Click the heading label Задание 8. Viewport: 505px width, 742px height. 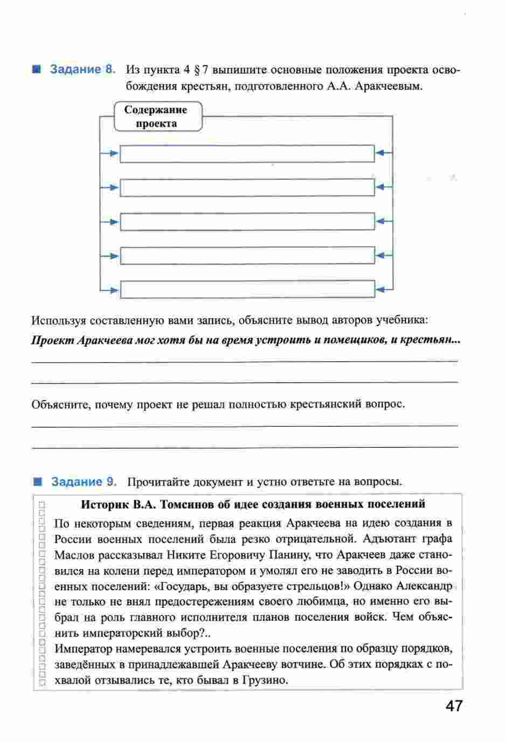coord(82,70)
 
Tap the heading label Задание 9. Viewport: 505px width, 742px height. coord(84,482)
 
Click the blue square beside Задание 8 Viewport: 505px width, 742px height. coord(36,70)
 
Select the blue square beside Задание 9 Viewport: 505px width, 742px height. coord(37,481)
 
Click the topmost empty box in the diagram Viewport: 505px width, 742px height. coord(247,154)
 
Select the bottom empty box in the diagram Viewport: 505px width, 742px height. coord(247,289)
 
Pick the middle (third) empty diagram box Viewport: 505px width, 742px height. coord(247,221)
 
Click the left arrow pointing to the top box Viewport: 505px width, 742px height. coord(113,154)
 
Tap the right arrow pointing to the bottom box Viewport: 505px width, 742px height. coord(381,289)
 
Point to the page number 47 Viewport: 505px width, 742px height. coord(454,706)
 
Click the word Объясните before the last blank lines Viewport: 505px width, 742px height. coord(60,404)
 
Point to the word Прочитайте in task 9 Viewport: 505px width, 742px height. coord(158,482)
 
